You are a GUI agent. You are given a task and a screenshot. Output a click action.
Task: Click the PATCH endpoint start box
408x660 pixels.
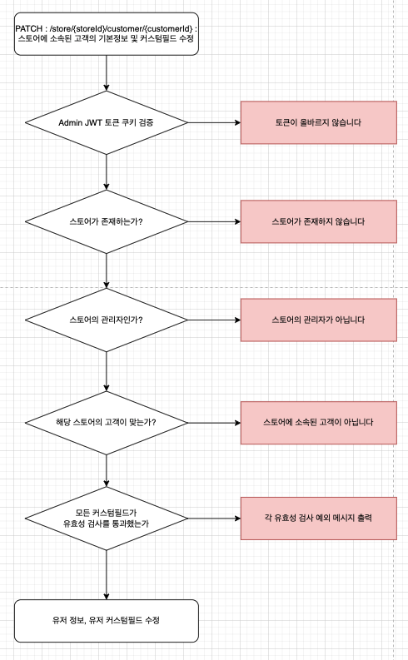[x=107, y=34]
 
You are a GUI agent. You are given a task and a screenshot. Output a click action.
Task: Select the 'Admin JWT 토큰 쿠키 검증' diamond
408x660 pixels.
[x=107, y=122]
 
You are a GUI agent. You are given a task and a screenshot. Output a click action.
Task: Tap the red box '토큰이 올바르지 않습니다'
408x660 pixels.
[x=317, y=122]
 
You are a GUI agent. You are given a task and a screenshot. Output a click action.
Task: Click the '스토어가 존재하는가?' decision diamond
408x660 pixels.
[x=107, y=222]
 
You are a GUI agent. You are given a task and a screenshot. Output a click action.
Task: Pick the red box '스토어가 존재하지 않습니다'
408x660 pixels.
[x=317, y=222]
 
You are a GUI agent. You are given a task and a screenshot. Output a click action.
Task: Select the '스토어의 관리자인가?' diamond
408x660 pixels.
[x=107, y=320]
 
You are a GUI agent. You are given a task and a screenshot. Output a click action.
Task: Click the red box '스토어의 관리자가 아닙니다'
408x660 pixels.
[x=317, y=320]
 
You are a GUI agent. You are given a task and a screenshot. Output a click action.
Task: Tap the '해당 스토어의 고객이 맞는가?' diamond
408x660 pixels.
[x=107, y=422]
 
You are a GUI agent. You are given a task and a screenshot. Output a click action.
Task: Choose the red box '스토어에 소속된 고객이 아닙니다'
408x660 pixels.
[x=317, y=422]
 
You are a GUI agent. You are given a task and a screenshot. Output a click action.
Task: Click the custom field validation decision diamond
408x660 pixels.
[x=107, y=518]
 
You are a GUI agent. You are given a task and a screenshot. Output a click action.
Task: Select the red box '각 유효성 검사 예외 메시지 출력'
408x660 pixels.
[x=317, y=518]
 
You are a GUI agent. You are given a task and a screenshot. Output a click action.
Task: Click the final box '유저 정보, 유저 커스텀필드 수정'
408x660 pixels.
[x=107, y=621]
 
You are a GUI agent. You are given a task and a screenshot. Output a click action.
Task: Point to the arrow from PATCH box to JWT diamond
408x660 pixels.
[x=107, y=72]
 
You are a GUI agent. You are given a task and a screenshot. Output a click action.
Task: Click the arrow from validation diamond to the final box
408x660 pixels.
[x=107, y=575]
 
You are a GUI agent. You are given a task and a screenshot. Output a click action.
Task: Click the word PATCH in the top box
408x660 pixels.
[x=28, y=29]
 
